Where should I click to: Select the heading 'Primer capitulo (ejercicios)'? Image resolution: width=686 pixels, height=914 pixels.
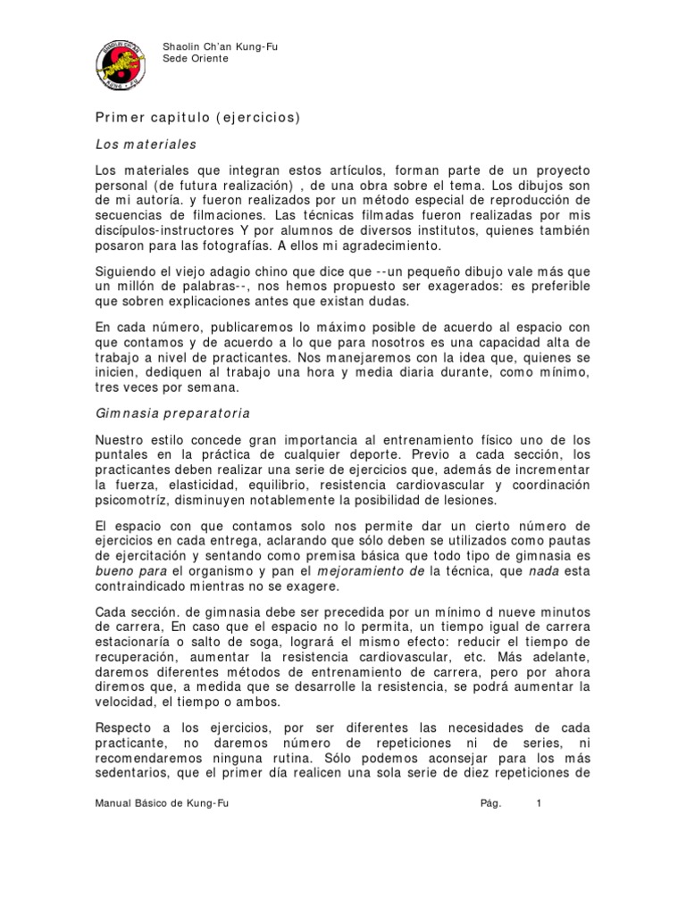click(197, 117)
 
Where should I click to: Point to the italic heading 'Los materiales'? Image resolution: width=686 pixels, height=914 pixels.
click(146, 143)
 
